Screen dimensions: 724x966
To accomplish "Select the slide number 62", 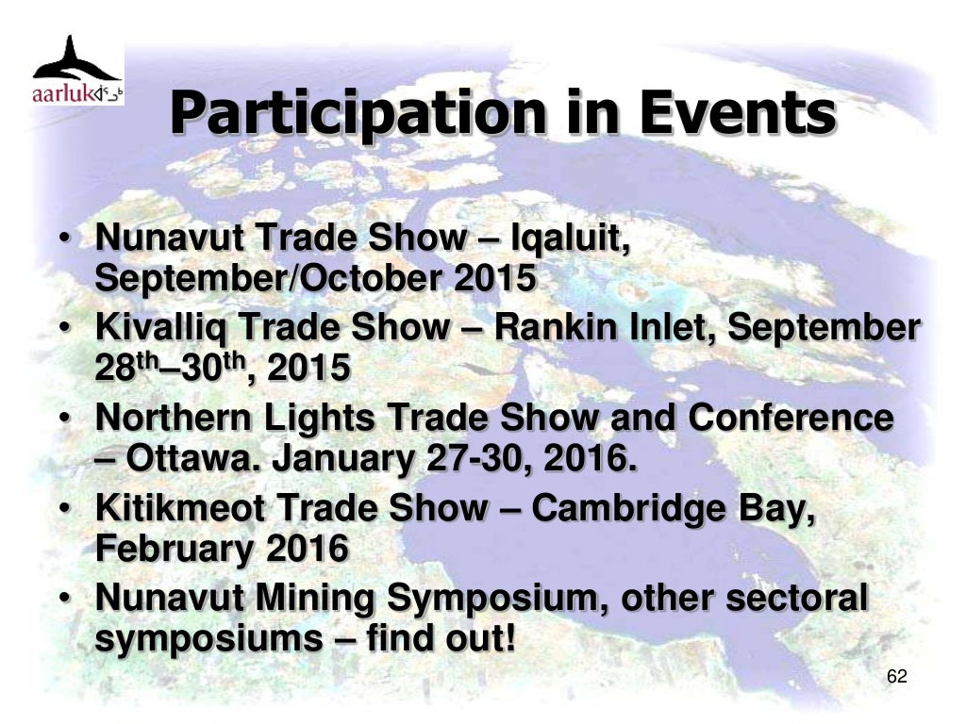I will coord(897,677).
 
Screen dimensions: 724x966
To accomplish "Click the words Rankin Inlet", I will coord(607,327).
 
